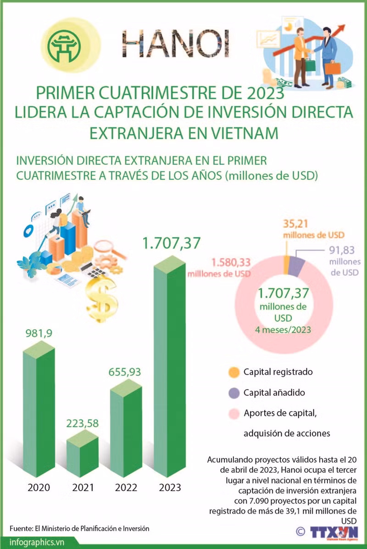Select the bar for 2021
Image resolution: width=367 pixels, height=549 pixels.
click(83, 454)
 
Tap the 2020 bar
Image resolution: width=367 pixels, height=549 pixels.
click(39, 409)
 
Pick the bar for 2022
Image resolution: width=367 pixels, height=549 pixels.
click(126, 428)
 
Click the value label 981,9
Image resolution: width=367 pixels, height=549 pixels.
click(39, 333)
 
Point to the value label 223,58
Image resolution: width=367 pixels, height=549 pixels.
click(83, 423)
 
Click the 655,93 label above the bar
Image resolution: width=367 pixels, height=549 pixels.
click(125, 371)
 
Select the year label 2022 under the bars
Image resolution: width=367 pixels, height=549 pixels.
click(126, 487)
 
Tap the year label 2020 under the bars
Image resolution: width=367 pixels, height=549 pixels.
click(39, 487)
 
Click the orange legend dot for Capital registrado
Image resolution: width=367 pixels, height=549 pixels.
click(234, 372)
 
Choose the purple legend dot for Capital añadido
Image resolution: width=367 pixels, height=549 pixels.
click(234, 393)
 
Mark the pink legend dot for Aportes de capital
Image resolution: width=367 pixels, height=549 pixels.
click(234, 414)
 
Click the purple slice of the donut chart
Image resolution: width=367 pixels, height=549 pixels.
click(296, 266)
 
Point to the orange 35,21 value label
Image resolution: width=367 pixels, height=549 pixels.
click(295, 224)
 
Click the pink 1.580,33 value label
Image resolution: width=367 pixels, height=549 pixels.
click(231, 262)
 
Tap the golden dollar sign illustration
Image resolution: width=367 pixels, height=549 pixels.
click(102, 298)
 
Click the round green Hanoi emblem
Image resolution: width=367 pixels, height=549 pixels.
click(65, 45)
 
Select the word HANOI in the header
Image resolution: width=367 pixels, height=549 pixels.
click(176, 44)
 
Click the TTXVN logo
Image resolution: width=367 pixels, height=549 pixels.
click(334, 532)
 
